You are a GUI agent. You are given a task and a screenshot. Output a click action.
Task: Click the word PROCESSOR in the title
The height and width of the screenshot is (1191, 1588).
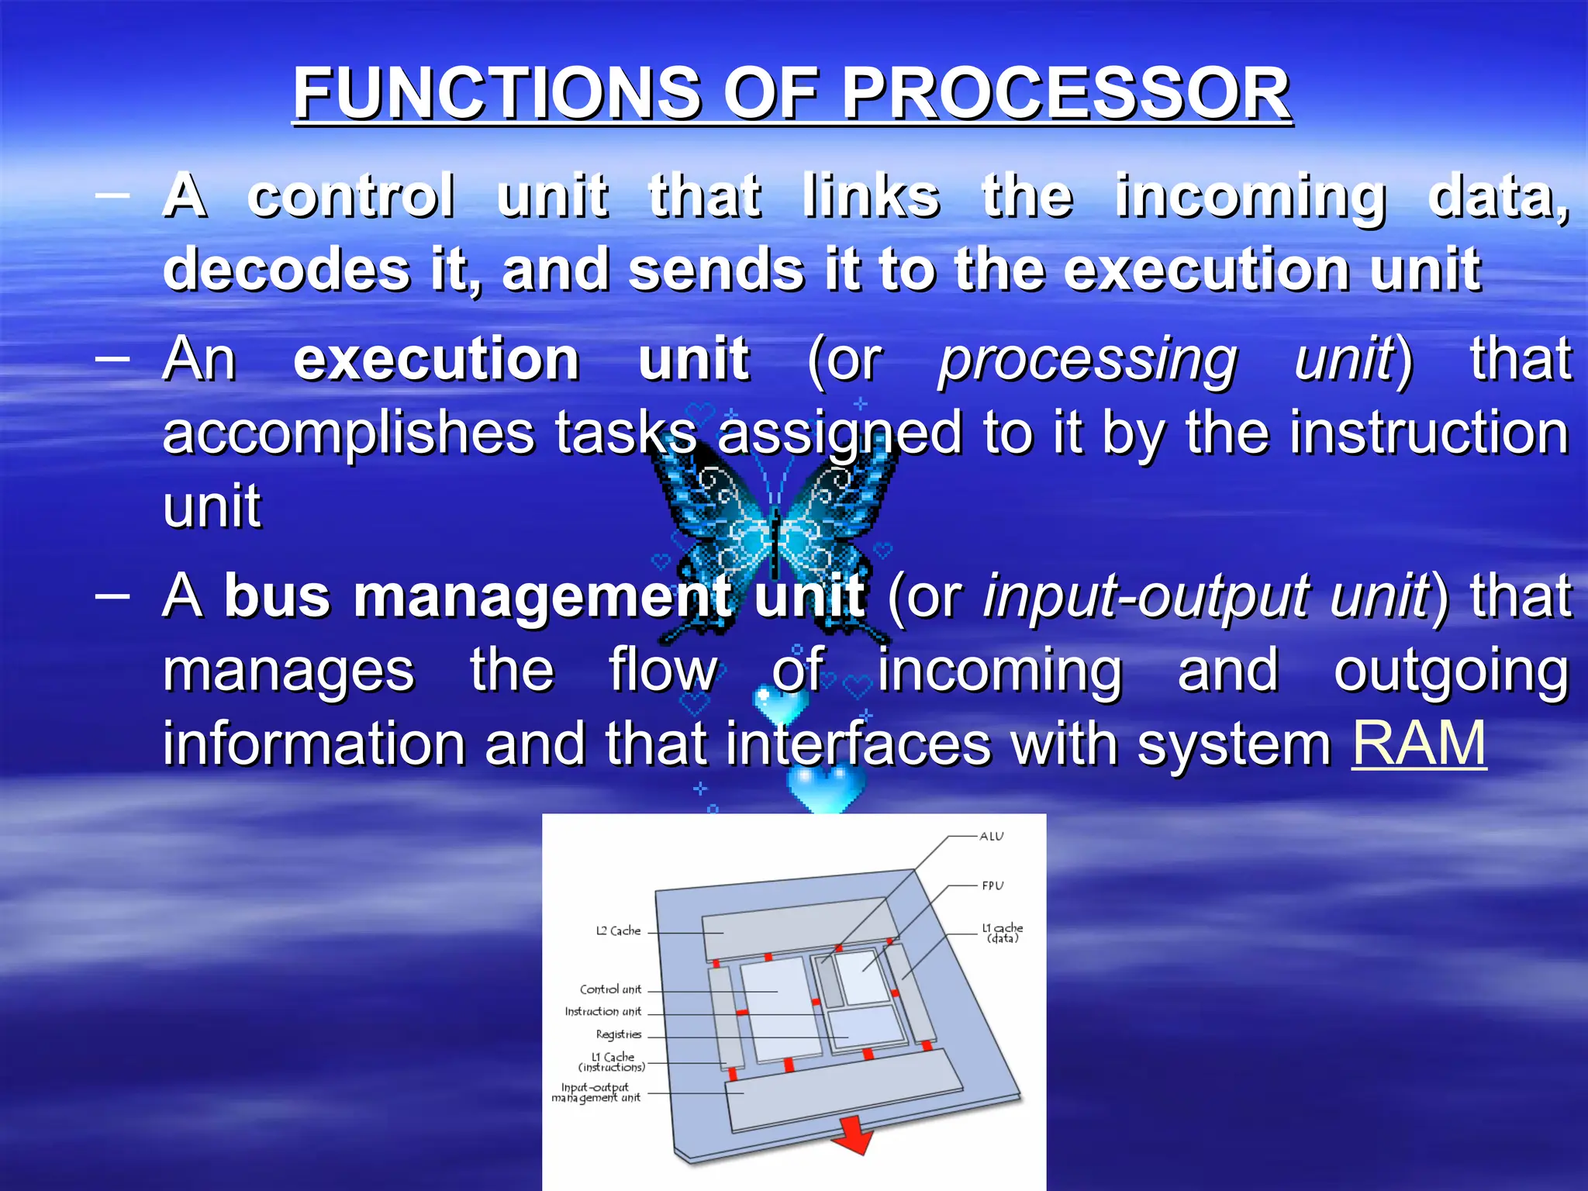click(1066, 93)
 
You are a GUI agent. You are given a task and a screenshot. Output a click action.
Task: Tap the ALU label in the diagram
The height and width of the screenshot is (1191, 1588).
click(991, 837)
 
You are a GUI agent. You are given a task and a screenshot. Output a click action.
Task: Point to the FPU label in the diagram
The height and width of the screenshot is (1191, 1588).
click(992, 885)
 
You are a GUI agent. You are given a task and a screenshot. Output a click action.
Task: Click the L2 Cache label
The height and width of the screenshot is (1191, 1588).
click(618, 930)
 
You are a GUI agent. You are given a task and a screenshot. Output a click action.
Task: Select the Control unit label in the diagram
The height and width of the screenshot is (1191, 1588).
click(610, 989)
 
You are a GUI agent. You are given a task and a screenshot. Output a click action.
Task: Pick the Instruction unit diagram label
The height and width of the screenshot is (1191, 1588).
click(602, 1012)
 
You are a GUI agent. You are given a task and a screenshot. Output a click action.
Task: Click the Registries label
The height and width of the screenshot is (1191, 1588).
click(618, 1034)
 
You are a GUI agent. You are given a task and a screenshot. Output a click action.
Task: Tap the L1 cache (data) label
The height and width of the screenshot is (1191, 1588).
click(1002, 933)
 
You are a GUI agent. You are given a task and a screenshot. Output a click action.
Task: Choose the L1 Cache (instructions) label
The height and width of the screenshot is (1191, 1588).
click(612, 1062)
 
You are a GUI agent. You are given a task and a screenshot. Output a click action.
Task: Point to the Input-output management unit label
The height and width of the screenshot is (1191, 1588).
click(595, 1093)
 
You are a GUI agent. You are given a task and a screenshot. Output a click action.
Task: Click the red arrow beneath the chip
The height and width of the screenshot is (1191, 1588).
click(853, 1135)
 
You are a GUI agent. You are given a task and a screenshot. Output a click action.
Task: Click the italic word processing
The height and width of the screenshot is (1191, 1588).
click(1087, 360)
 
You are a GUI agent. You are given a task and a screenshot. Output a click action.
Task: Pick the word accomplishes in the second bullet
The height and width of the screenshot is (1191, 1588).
click(348, 433)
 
